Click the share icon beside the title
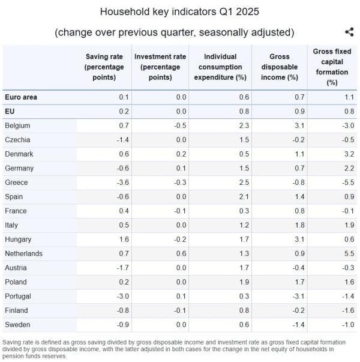(x=349, y=32)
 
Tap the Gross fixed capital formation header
(x=332, y=67)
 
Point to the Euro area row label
(x=21, y=97)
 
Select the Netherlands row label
(x=23, y=253)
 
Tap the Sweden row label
(x=17, y=325)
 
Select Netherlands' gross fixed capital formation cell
(x=348, y=253)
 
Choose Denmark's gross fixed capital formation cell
(x=348, y=154)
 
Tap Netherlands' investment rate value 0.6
(x=182, y=253)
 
